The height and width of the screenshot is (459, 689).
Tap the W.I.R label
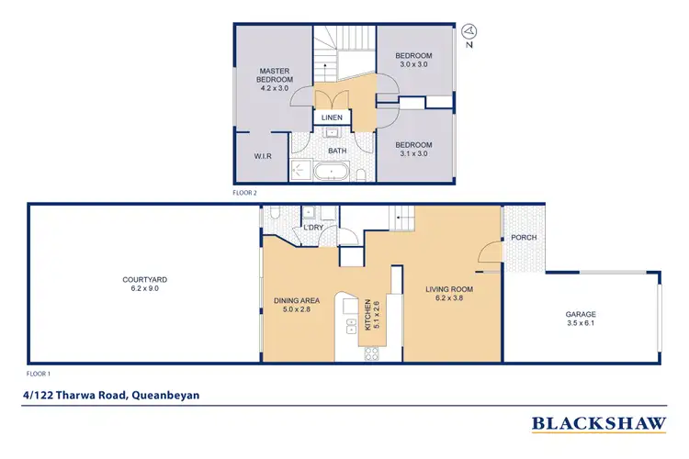(x=265, y=157)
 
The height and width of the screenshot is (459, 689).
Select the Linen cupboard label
(x=332, y=118)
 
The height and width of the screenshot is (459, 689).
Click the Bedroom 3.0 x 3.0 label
(x=414, y=60)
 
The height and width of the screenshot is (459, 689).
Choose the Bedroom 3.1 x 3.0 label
(x=413, y=149)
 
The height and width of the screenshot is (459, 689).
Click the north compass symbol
(x=469, y=35)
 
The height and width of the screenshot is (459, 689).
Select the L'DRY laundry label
(x=311, y=228)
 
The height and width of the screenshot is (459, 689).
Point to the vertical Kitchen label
(x=369, y=315)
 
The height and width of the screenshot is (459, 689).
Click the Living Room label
(x=448, y=294)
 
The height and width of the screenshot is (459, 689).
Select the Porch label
(x=523, y=238)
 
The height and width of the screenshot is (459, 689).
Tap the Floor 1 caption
(x=39, y=375)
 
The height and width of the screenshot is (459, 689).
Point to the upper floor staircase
(x=342, y=55)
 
